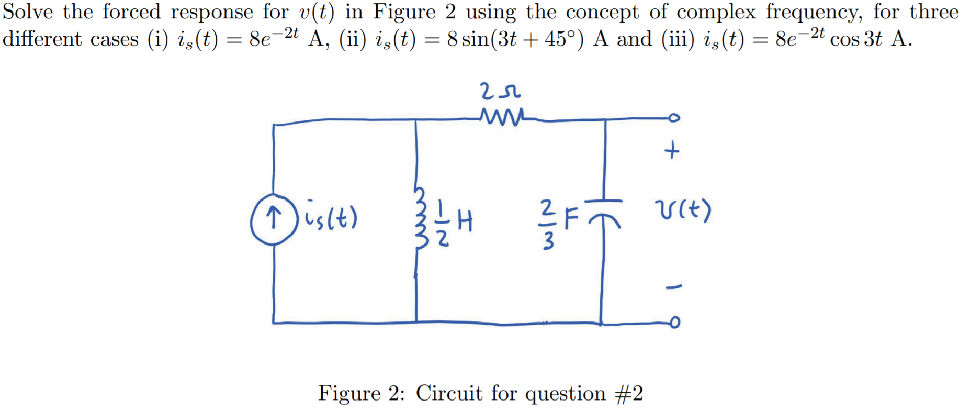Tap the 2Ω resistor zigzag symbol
tap(501, 117)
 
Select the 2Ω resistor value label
tap(499, 92)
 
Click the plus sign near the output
tap(672, 151)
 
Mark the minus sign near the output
tap(673, 286)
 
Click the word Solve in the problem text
tap(27, 12)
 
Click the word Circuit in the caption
tap(448, 393)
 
